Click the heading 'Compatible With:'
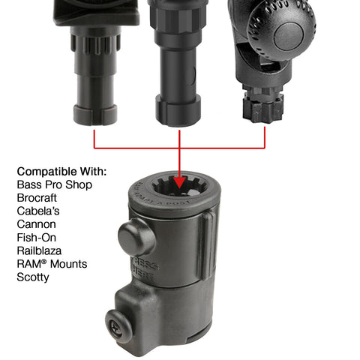pyautogui.click(x=61, y=170)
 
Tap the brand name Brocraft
pyautogui.click(x=36, y=197)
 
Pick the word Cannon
pyautogui.click(x=35, y=224)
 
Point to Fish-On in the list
pyautogui.click(x=37, y=237)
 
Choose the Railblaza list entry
pyautogui.click(x=40, y=250)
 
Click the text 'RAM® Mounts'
pyautogui.click(x=52, y=264)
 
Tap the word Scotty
pyautogui.click(x=32, y=277)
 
